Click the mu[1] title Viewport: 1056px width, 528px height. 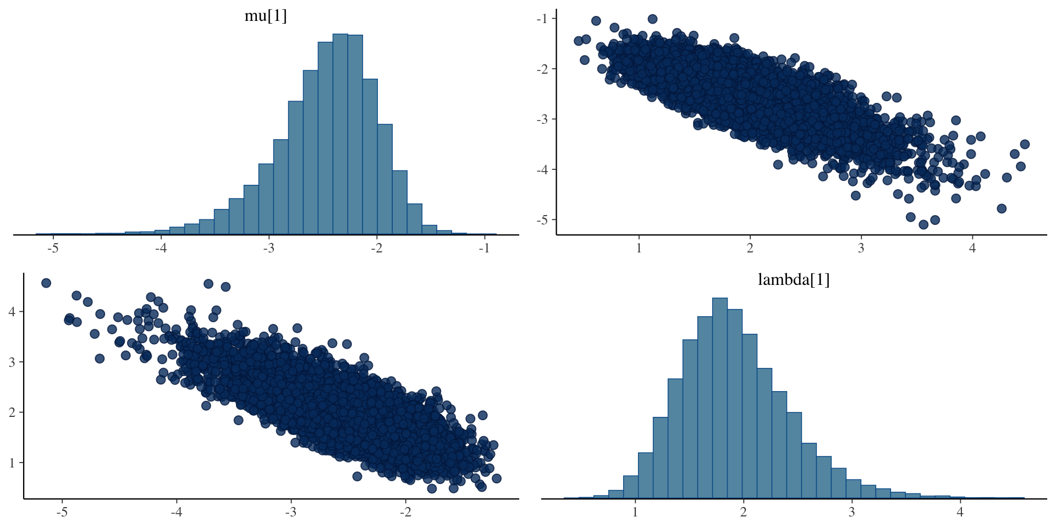click(x=266, y=15)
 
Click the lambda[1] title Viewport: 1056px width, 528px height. click(x=794, y=279)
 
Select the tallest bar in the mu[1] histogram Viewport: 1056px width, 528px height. click(x=340, y=134)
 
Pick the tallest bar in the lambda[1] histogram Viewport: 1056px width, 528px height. click(x=720, y=398)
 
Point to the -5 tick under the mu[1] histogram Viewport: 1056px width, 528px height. click(x=53, y=248)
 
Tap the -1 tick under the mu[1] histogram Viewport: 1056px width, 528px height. click(x=484, y=248)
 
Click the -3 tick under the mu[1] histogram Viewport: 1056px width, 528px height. click(x=268, y=248)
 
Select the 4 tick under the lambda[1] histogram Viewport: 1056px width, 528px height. click(x=960, y=512)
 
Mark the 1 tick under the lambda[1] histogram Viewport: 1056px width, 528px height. click(x=635, y=512)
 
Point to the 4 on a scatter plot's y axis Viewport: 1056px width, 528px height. click(x=12, y=312)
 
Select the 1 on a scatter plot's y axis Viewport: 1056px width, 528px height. click(x=12, y=463)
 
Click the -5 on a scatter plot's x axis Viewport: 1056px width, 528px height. click(x=62, y=512)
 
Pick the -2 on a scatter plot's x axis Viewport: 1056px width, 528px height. click(x=405, y=512)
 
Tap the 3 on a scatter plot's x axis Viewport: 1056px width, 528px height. click(x=861, y=248)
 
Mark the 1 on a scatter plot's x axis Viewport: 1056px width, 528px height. click(x=639, y=248)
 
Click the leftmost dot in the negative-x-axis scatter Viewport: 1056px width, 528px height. click(x=46, y=283)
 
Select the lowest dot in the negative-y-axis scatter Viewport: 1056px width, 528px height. click(x=923, y=224)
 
